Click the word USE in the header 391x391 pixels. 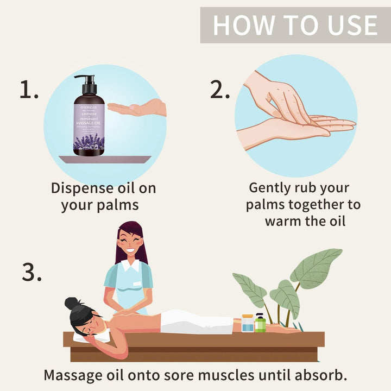pyautogui.click(x=346, y=25)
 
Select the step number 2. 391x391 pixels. pyautogui.click(x=220, y=90)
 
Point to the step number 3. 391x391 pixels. pyautogui.click(x=31, y=272)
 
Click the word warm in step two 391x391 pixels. pyautogui.click(x=287, y=222)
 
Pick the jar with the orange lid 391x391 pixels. pyautogui.click(x=248, y=323)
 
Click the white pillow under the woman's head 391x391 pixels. pyautogui.click(x=90, y=337)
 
